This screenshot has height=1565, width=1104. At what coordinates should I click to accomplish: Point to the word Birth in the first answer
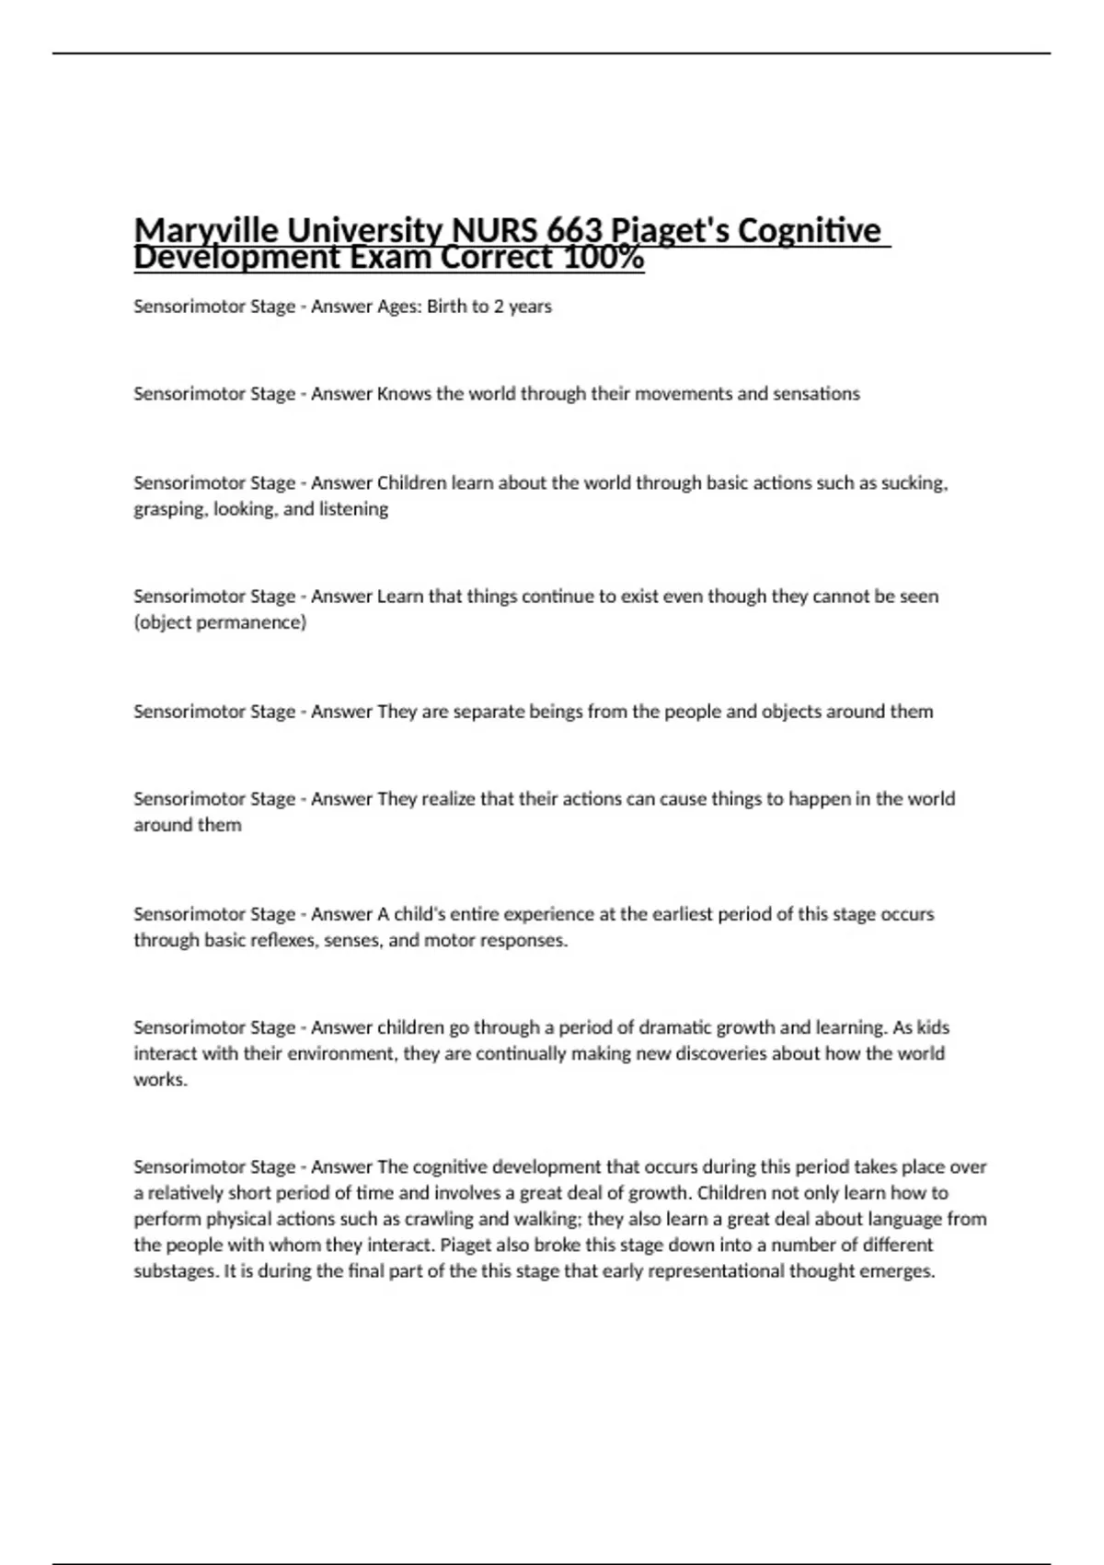click(446, 307)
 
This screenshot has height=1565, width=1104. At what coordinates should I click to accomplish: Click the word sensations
click(816, 394)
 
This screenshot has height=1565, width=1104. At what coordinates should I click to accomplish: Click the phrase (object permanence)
click(220, 622)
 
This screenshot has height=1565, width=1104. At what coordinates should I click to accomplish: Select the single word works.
click(160, 1080)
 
